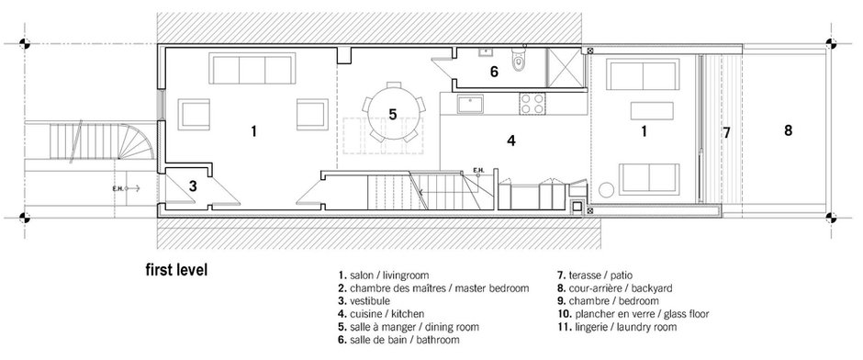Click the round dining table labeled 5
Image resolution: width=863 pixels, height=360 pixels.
pos(393,115)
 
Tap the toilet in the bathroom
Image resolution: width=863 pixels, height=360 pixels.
pos(519,60)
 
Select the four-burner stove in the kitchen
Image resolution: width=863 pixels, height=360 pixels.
pos(532,104)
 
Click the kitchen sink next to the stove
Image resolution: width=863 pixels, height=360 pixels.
pos(469,104)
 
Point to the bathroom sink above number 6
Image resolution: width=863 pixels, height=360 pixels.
pos(486,52)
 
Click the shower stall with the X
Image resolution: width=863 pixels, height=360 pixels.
pos(563,67)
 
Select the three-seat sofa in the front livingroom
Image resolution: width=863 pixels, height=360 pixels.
pos(252,68)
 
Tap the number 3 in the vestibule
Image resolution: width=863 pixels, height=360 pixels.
pos(193,186)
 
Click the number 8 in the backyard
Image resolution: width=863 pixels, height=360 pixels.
pos(788,130)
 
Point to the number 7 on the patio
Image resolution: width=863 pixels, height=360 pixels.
pos(726,132)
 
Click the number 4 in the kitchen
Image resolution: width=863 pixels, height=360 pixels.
pos(511,141)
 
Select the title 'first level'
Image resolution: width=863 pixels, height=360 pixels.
pos(176,270)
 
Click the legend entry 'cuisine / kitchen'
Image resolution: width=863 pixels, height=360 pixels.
pos(381,314)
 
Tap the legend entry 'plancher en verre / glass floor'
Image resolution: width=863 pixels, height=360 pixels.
pos(633,314)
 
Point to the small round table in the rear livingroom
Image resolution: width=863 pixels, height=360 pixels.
pos(606,190)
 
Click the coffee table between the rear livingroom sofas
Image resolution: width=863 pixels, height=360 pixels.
pos(652,110)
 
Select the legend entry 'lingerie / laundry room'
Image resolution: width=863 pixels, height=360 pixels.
pos(617,327)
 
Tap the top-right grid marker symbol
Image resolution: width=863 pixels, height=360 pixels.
pos(831,42)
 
